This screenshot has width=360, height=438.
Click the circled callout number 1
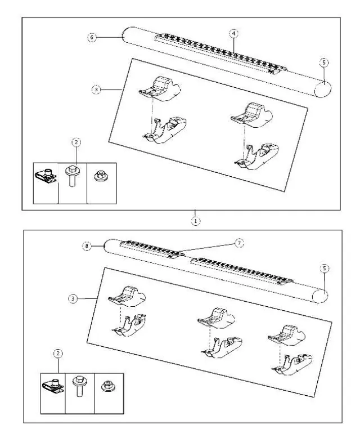(x=195, y=221)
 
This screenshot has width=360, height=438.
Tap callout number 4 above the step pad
(x=233, y=34)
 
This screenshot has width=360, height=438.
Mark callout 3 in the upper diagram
(x=97, y=90)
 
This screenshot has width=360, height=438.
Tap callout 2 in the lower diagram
(x=58, y=354)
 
